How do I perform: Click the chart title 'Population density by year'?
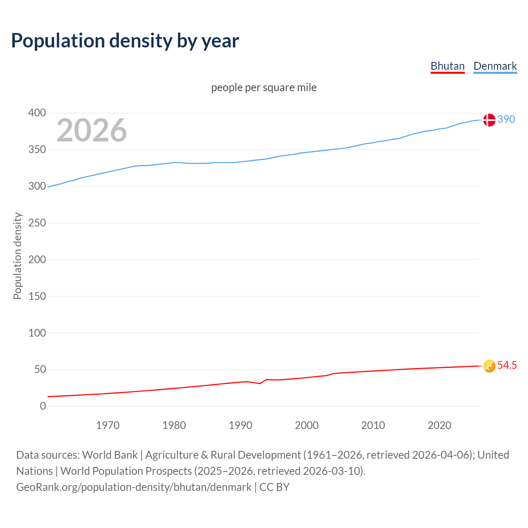click(x=125, y=40)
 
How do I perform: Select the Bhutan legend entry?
click(x=448, y=66)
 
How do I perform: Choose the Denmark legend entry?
click(x=495, y=66)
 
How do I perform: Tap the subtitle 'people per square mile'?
click(x=264, y=87)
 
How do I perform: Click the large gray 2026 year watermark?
click(x=92, y=130)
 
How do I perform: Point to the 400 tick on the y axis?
click(x=37, y=113)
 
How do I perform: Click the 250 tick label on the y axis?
click(x=37, y=223)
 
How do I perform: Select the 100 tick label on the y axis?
click(x=37, y=333)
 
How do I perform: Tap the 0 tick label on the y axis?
click(x=43, y=406)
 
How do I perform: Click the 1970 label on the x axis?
click(x=108, y=425)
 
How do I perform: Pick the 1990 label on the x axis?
click(x=240, y=425)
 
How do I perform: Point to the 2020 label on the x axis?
click(x=439, y=425)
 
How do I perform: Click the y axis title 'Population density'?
click(x=17, y=256)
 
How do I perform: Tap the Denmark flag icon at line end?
click(x=489, y=120)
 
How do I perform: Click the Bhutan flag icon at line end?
click(x=489, y=366)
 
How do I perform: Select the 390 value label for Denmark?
click(x=506, y=119)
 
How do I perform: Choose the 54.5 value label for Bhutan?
click(x=507, y=365)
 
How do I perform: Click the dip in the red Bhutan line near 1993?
click(x=259, y=383)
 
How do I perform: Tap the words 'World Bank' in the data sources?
click(x=110, y=455)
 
